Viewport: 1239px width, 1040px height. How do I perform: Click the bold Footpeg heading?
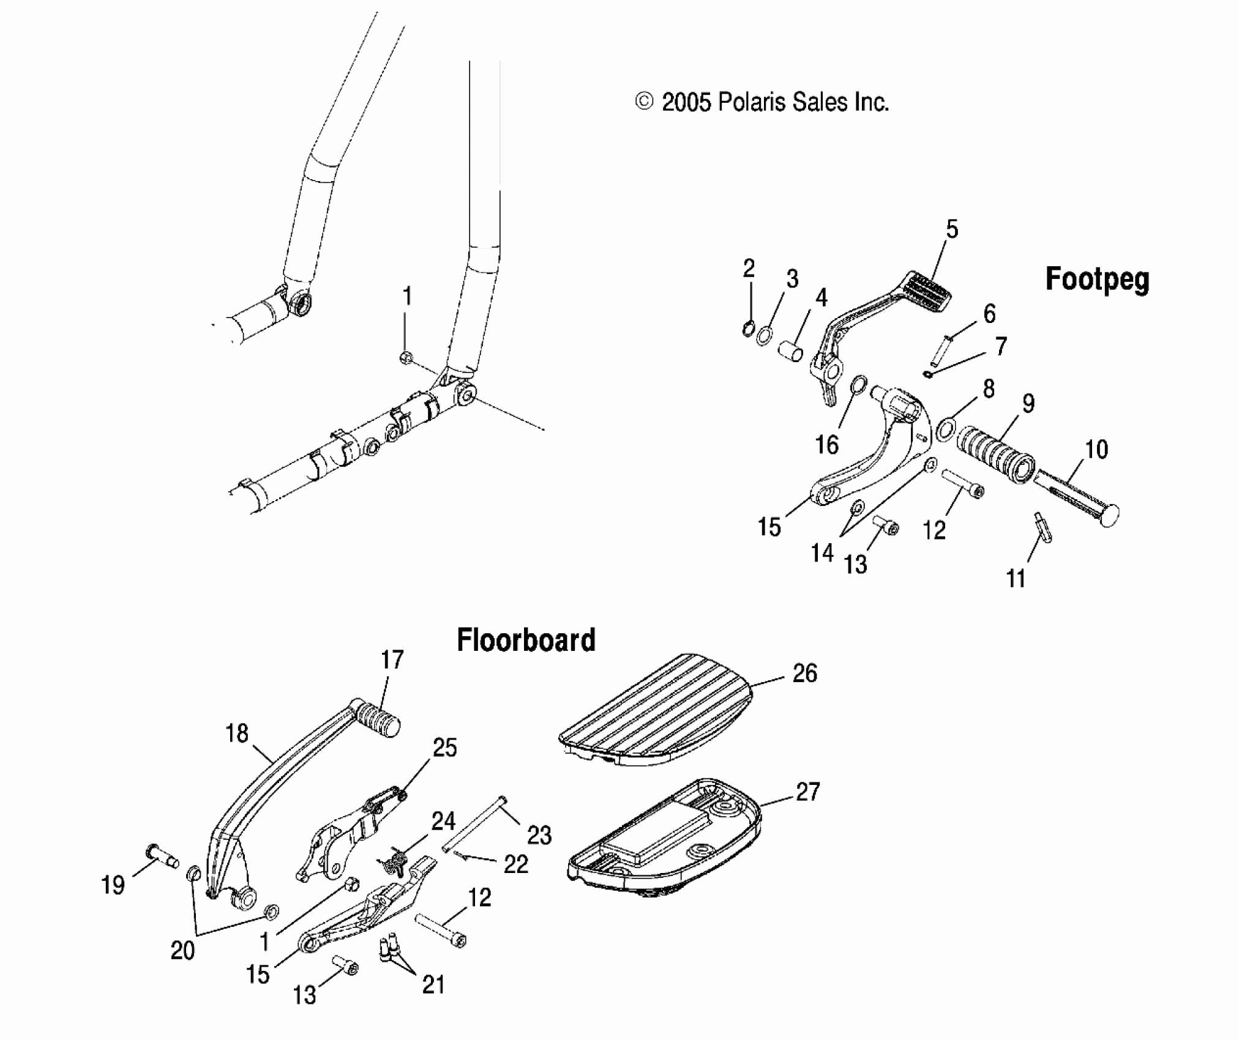tap(1097, 280)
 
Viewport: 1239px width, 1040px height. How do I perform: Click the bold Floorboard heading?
tap(526, 641)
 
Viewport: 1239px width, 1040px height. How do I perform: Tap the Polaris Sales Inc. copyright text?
tap(763, 102)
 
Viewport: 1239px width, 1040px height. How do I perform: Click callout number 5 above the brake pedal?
tap(952, 229)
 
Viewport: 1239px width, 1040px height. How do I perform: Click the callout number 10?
tap(1096, 450)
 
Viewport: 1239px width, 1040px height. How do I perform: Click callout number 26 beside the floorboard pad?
tap(805, 674)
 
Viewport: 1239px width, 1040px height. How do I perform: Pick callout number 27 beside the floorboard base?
tap(807, 792)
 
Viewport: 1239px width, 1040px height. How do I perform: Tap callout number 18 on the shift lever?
tap(237, 733)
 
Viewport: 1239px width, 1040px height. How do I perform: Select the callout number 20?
tap(182, 950)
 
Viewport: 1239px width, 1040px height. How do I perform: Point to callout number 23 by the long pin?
tap(539, 835)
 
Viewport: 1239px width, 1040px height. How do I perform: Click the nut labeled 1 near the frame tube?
tap(405, 358)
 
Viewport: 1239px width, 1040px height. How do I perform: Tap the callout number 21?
tap(433, 985)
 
